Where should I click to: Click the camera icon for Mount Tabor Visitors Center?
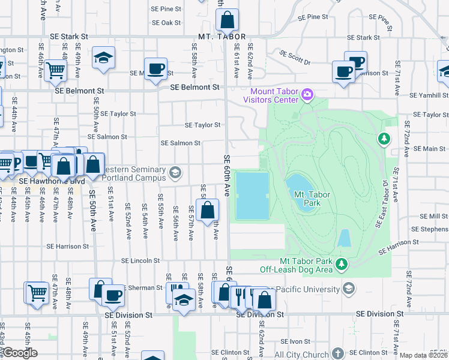[x=307, y=94]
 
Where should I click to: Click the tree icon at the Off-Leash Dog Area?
[x=342, y=263]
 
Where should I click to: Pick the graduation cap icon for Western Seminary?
[x=175, y=173]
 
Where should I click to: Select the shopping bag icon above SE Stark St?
[x=228, y=20]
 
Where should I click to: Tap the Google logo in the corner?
[x=20, y=353]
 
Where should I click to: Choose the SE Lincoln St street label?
[x=140, y=261]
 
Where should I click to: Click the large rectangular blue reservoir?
[x=252, y=196]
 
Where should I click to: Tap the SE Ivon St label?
[x=300, y=341]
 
